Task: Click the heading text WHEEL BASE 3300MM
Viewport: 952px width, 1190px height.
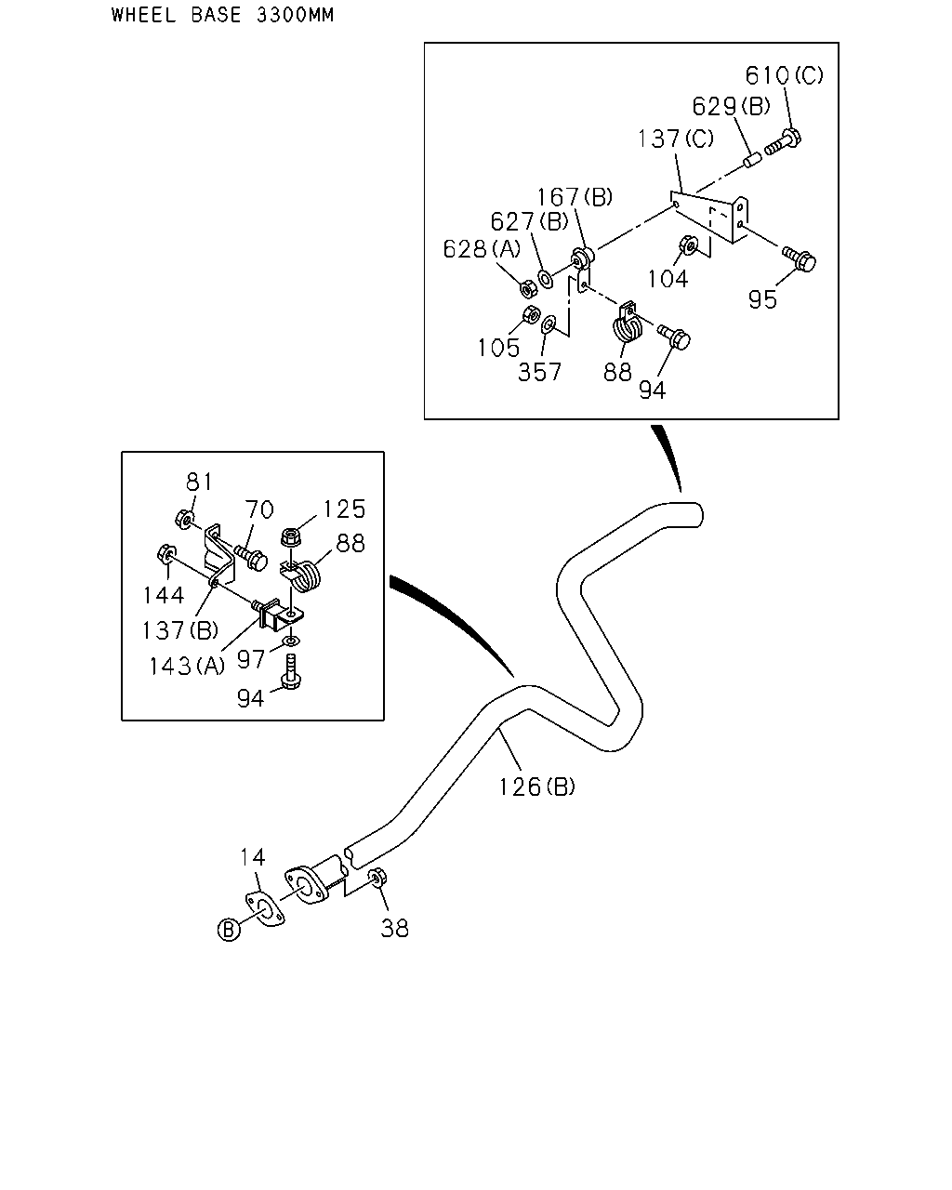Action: point(222,15)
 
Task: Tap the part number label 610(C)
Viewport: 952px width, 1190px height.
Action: point(784,75)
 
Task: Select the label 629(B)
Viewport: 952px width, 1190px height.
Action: point(732,106)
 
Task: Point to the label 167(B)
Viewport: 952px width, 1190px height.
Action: point(575,197)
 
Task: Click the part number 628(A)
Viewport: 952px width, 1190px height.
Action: point(482,249)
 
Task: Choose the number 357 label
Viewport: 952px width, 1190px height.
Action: point(539,372)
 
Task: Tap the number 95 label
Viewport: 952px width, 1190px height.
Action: point(763,299)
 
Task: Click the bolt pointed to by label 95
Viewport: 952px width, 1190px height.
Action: point(800,258)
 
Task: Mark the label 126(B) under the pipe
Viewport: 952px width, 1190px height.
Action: point(536,787)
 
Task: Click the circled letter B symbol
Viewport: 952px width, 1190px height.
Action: point(229,930)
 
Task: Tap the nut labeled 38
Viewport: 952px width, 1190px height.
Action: point(377,878)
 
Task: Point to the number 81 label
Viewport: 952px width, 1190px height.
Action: point(199,483)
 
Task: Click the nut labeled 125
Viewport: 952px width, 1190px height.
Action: point(291,537)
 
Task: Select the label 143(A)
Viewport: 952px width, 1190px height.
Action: point(187,667)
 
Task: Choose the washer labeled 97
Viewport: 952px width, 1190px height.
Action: point(290,641)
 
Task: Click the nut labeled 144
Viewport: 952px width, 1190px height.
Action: point(166,553)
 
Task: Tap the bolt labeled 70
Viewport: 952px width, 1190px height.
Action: point(251,557)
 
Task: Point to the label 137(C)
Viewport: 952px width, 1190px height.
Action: point(675,139)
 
